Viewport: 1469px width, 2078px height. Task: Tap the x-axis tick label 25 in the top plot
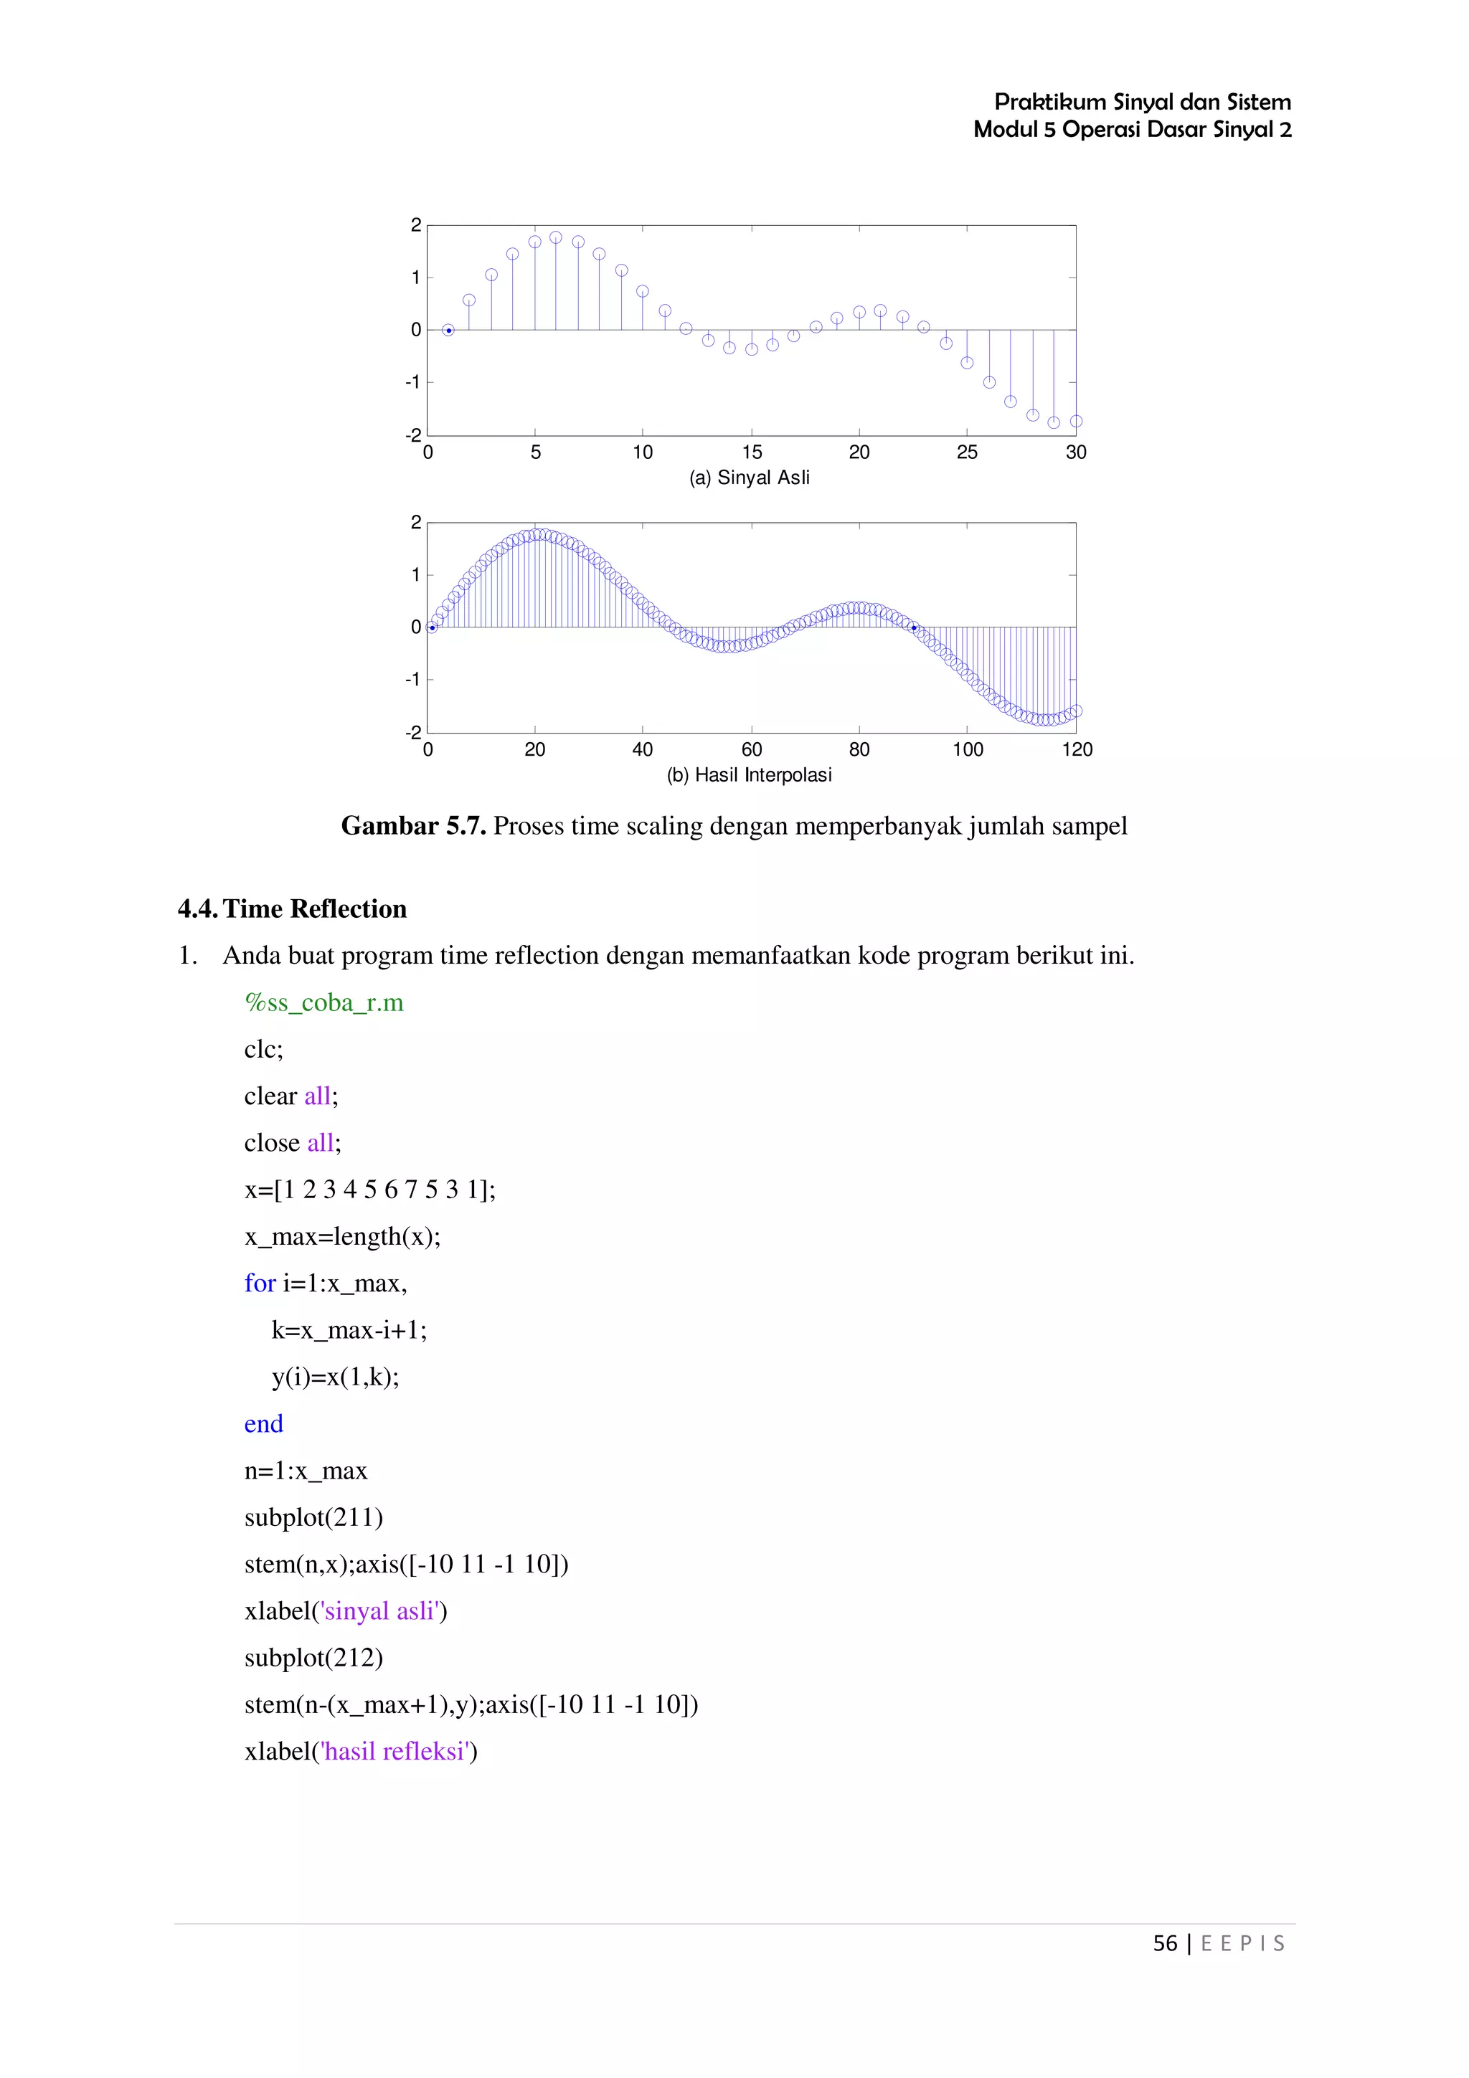(x=967, y=452)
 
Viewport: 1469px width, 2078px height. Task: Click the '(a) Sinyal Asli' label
(x=750, y=478)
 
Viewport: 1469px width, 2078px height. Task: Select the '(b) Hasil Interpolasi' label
(x=750, y=776)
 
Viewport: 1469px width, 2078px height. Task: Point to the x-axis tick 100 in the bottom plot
(x=968, y=750)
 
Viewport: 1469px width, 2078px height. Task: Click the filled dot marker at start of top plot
(x=448, y=331)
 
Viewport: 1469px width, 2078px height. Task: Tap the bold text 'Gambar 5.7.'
(x=414, y=825)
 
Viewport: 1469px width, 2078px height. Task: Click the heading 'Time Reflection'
(x=314, y=908)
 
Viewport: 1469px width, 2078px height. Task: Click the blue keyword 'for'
(x=260, y=1284)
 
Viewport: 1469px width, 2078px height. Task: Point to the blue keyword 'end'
(x=263, y=1423)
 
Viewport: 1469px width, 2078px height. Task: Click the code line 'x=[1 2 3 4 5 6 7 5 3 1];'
(x=370, y=1190)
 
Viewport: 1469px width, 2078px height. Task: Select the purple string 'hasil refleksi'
(x=395, y=1751)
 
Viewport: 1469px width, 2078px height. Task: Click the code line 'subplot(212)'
(x=314, y=1658)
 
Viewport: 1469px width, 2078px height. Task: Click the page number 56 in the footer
(x=1165, y=1943)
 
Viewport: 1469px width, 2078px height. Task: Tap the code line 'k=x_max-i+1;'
(x=349, y=1329)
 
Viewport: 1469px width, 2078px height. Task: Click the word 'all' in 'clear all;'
(x=317, y=1096)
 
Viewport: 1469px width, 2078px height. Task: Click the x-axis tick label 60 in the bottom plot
(x=751, y=750)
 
